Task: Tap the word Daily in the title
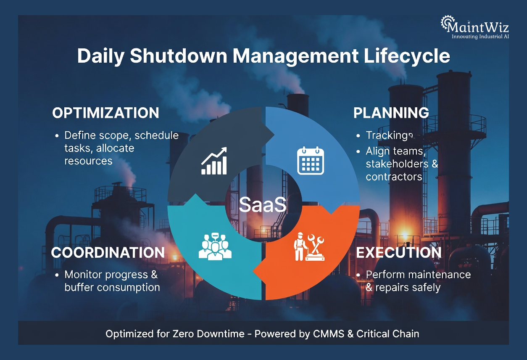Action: (x=101, y=56)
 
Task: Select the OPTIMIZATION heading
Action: (x=105, y=113)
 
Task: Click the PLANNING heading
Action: (x=391, y=113)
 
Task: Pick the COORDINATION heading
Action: (x=108, y=252)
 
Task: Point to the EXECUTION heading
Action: (x=398, y=252)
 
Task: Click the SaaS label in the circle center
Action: (x=263, y=205)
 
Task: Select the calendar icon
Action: (x=311, y=161)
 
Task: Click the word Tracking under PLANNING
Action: (x=387, y=135)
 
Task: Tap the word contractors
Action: (x=394, y=177)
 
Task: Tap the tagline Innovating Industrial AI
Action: (x=480, y=37)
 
